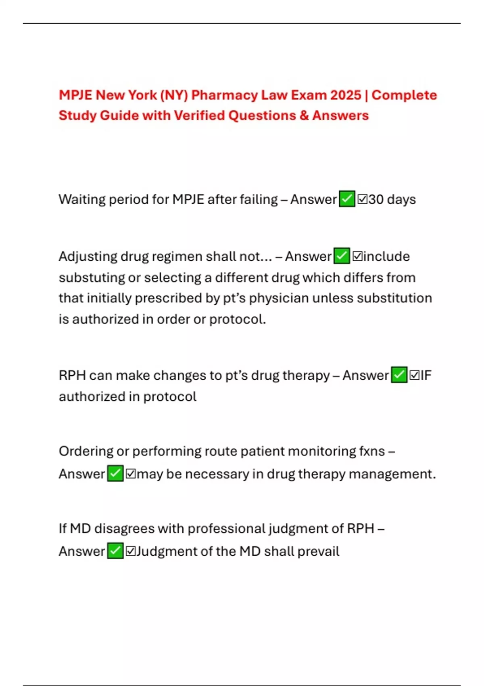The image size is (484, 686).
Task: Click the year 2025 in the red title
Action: tap(345, 95)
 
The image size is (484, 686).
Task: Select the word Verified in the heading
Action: tap(200, 115)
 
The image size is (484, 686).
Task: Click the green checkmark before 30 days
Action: tap(347, 199)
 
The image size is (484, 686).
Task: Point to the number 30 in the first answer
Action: tap(376, 199)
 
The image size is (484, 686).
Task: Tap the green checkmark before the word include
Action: tap(342, 256)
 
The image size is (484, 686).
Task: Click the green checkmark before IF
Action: tap(399, 375)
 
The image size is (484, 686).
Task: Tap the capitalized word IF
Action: tap(426, 375)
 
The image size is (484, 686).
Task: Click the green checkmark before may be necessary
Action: tap(115, 473)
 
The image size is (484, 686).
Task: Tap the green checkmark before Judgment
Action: tap(115, 551)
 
